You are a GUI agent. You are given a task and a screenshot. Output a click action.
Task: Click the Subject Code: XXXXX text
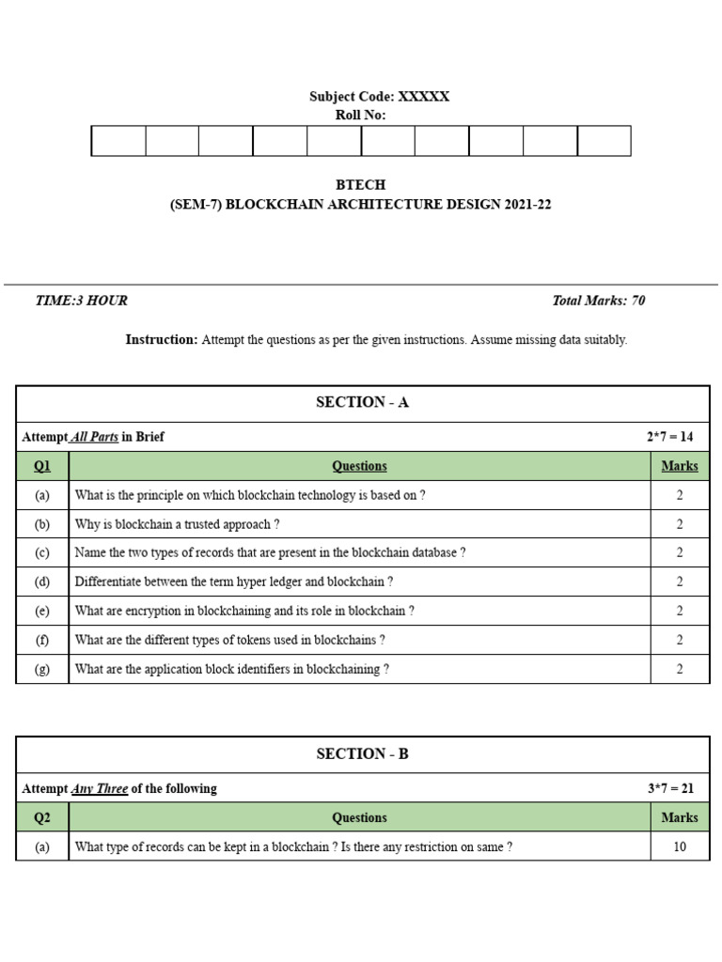(379, 97)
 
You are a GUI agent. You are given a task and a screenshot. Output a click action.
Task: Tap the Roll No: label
(360, 116)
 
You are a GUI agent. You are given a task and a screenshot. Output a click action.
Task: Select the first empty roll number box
(118, 141)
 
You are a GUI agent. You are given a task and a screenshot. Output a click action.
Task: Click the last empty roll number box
(604, 141)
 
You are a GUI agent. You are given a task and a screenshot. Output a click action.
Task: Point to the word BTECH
(360, 185)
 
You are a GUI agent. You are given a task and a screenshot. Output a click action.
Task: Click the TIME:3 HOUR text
(81, 301)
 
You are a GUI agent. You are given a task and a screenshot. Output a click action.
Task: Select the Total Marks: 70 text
(599, 301)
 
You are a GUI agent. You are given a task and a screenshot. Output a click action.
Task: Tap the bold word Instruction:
(162, 340)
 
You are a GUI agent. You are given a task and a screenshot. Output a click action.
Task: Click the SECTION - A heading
(362, 403)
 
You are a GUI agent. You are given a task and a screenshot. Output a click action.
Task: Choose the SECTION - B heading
(362, 754)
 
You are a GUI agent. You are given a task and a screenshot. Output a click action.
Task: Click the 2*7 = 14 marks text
(669, 437)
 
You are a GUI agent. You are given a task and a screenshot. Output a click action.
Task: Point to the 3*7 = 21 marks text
(670, 788)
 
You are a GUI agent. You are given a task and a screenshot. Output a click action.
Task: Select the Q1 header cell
(42, 466)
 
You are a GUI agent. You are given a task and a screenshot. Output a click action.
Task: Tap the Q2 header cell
(42, 817)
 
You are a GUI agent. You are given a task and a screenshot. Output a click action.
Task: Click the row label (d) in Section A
(42, 582)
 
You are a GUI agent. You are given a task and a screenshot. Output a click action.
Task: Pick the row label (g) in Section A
(42, 669)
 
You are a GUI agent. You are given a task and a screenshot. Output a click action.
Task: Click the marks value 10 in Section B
(679, 846)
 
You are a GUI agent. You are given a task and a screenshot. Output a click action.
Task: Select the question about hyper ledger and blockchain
(234, 582)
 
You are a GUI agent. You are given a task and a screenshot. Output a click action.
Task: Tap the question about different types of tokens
(229, 640)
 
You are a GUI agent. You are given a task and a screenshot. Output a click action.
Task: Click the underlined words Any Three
(100, 788)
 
